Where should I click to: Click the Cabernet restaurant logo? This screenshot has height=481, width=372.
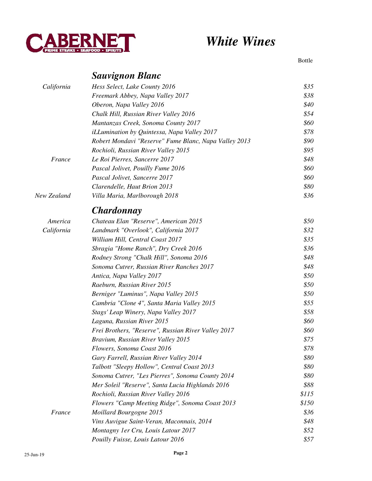[80, 43]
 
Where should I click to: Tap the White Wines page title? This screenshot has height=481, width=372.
[240, 41]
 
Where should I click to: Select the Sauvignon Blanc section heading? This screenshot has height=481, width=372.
[126, 76]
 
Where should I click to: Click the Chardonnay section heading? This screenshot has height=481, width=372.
[117, 210]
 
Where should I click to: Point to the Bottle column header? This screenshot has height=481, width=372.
[305, 61]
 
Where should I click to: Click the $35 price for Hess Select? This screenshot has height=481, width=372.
[308, 87]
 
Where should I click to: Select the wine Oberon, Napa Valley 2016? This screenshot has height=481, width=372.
[128, 105]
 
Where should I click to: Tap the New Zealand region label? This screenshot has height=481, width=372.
[53, 196]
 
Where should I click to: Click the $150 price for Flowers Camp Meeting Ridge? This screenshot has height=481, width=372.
[307, 403]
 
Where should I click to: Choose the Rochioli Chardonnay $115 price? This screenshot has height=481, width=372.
[307, 394]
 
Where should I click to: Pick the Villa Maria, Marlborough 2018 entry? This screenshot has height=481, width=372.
[135, 196]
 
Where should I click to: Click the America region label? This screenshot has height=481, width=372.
[59, 221]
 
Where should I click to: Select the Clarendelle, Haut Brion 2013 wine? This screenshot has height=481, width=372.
[132, 187]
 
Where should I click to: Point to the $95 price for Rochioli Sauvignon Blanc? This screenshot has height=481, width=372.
[308, 150]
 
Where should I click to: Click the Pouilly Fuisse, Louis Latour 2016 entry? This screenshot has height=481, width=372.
[138, 439]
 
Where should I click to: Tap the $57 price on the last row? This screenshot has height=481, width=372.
[308, 439]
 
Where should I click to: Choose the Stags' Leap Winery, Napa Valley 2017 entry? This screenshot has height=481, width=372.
[144, 312]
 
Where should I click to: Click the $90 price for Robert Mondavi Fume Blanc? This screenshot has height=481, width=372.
[308, 141]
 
